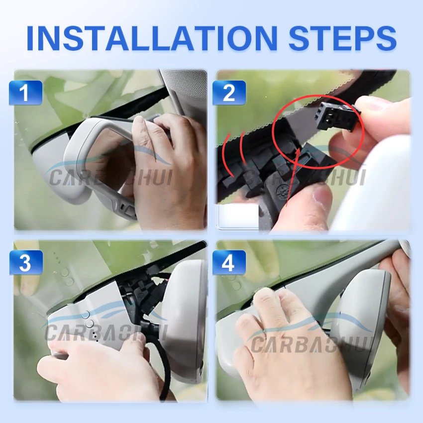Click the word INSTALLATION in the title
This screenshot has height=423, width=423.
pyautogui.click(x=152, y=38)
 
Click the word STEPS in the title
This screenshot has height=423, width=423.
pyautogui.click(x=342, y=38)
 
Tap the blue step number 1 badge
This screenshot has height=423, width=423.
pyautogui.click(x=25, y=93)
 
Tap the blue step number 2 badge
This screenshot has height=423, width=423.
pyautogui.click(x=229, y=93)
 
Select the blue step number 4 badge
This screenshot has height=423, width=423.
pyautogui.click(x=229, y=262)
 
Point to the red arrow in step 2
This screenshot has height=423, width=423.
pyautogui.click(x=293, y=178)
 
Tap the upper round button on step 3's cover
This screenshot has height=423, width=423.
pyautogui.click(x=85, y=315)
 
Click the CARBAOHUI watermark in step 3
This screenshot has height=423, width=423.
pyautogui.click(x=106, y=332)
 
